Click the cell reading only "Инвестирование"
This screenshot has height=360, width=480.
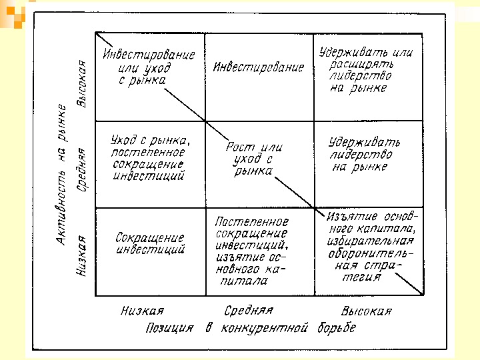pyautogui.click(x=259, y=68)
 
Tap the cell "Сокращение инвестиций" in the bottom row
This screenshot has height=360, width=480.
pyautogui.click(x=150, y=243)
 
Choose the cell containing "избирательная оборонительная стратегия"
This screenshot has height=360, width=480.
pyautogui.click(x=371, y=247)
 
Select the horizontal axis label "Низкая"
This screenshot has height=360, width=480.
pyautogui.click(x=142, y=311)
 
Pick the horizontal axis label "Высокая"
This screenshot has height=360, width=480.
pyautogui.click(x=366, y=311)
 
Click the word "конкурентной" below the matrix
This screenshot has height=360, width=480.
pyautogui.click(x=267, y=328)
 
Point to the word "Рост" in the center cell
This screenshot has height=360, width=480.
pyautogui.click(x=238, y=148)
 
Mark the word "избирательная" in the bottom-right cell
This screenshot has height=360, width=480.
pyautogui.click(x=371, y=241)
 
